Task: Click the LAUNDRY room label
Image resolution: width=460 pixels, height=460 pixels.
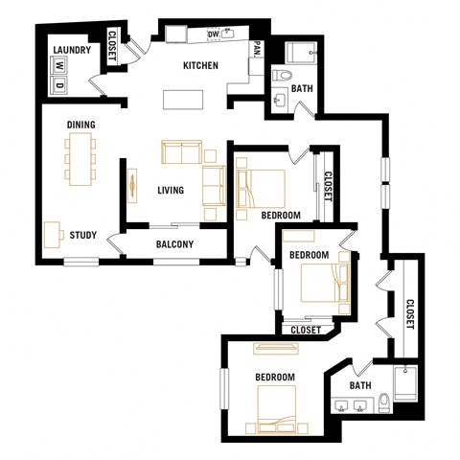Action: (x=71, y=51)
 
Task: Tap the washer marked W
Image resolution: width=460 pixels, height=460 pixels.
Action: (x=58, y=69)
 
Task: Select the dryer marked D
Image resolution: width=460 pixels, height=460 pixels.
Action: (x=58, y=84)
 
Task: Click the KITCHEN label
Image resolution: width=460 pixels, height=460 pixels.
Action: (x=201, y=66)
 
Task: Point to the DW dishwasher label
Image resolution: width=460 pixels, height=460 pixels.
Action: (x=214, y=34)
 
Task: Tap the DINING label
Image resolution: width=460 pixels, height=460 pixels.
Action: (x=80, y=125)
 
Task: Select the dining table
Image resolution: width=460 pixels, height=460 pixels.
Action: (x=80, y=158)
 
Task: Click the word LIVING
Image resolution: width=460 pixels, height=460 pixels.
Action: (x=171, y=191)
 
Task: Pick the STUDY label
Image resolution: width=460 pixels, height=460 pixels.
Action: (x=80, y=234)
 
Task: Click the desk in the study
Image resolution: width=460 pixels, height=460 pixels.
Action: (x=52, y=232)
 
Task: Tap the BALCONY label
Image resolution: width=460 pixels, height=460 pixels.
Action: (x=174, y=244)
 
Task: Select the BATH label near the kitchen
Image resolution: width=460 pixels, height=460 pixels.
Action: (x=302, y=89)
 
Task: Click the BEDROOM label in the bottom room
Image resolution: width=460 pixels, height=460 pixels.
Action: (x=274, y=378)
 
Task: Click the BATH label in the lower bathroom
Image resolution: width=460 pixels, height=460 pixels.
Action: (x=359, y=386)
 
